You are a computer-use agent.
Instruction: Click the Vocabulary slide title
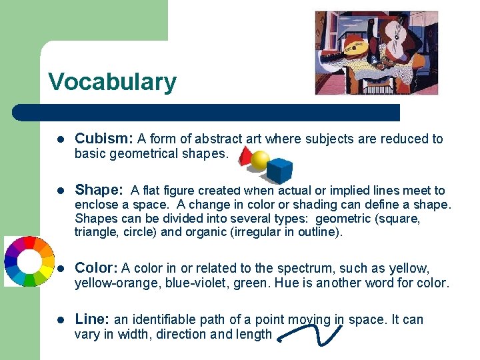[112, 82]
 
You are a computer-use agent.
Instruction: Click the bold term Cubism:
[103, 139]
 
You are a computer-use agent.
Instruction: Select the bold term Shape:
[99, 190]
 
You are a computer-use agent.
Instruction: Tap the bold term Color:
[96, 268]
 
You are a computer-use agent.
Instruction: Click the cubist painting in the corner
[377, 53]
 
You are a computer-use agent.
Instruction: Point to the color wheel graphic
[28, 261]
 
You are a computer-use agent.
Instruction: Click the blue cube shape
[279, 171]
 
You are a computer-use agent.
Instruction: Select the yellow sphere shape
[260, 161]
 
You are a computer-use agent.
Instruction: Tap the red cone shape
[245, 157]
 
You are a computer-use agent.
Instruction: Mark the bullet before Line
[59, 321]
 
